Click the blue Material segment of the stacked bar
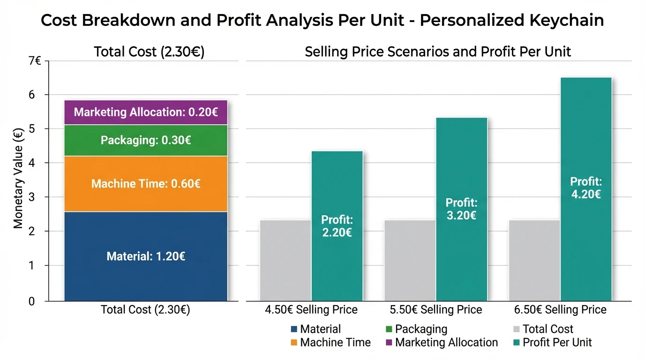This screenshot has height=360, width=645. (146, 256)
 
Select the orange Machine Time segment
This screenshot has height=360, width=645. (146, 183)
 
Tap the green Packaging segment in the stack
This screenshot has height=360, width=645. (146, 140)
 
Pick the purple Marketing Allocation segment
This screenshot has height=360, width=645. (146, 112)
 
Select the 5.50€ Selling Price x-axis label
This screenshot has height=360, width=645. (435, 310)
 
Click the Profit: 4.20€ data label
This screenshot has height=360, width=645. (585, 187)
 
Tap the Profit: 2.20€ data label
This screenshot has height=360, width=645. (337, 225)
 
